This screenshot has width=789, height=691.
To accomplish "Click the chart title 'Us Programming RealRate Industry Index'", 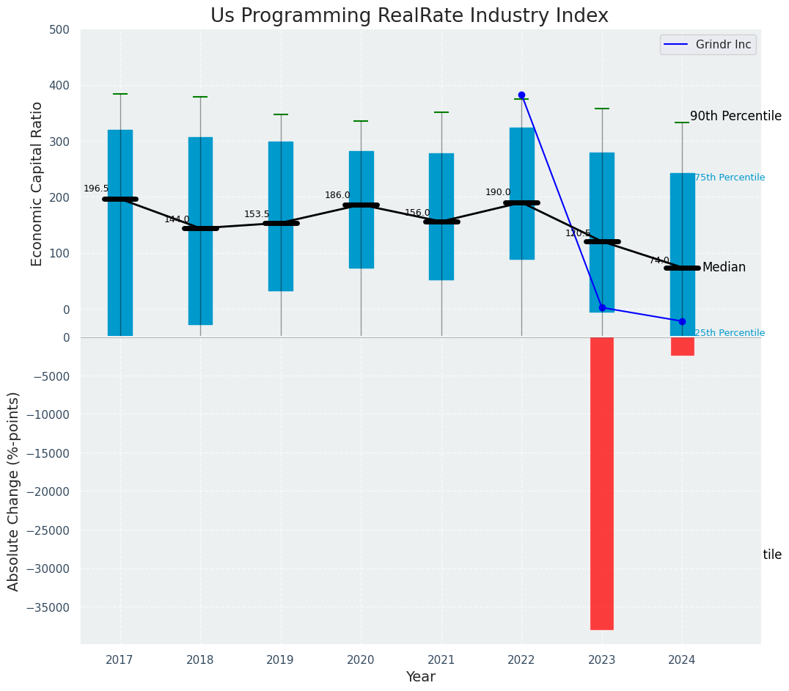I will click(409, 16).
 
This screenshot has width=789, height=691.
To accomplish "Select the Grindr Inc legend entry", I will click(708, 45).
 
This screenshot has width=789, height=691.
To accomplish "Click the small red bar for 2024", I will click(682, 346).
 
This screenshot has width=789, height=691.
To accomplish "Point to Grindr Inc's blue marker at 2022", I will click(521, 95).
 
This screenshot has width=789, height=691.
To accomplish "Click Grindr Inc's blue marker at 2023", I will click(602, 307).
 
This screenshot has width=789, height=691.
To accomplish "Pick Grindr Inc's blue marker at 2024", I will click(682, 321).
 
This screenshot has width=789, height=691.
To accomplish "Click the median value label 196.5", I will click(96, 189).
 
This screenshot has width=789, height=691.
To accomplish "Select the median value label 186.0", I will click(337, 195).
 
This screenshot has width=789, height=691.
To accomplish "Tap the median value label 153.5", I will click(257, 214).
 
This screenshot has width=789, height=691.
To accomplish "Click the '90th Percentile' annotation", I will click(735, 116).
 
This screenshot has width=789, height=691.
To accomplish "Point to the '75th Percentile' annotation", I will click(730, 178).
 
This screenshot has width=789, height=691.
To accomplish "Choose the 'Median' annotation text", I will click(724, 267).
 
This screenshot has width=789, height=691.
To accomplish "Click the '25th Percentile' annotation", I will click(730, 333).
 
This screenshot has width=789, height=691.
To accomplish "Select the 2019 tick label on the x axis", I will click(280, 659).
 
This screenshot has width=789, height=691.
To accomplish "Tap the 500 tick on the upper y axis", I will click(59, 30).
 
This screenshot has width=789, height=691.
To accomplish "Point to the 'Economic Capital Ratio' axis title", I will click(37, 183).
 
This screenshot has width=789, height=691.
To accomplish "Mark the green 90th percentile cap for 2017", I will click(120, 94).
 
